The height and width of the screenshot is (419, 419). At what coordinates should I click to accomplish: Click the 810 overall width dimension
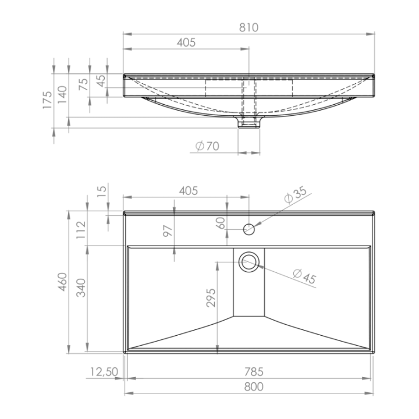248,27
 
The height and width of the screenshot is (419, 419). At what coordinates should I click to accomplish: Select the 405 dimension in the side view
186,42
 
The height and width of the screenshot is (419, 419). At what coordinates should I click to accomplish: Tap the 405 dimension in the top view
189,191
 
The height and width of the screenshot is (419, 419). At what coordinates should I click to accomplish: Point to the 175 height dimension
47,100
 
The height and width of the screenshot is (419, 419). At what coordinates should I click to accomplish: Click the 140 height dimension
62,95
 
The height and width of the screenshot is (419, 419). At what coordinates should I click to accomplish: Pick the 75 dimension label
84,84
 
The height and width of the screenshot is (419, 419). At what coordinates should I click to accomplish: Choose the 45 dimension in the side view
101,81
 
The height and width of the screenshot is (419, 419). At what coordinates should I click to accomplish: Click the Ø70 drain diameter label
207,146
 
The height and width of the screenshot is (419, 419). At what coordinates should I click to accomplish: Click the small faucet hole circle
249,229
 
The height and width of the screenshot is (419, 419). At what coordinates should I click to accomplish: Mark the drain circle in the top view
249,262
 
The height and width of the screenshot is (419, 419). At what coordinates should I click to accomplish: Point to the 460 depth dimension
62,282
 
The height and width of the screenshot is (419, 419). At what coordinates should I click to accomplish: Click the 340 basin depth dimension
81,288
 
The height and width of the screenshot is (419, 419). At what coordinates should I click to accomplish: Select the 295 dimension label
211,298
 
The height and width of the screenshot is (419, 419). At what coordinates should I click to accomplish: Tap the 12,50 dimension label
104,372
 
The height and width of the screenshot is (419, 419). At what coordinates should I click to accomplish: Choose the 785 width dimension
254,372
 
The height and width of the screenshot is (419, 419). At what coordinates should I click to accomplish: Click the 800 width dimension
254,386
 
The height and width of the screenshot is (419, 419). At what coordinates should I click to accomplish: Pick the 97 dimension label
168,231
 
